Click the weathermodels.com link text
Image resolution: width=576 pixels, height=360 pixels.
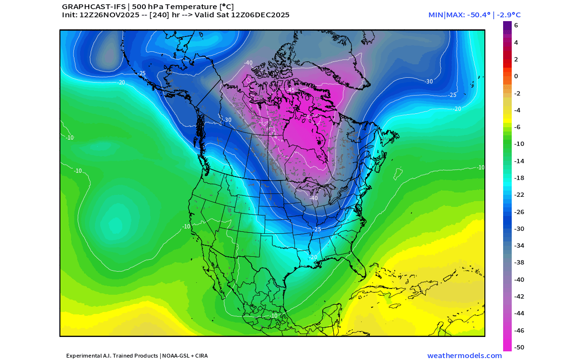[x=464, y=356]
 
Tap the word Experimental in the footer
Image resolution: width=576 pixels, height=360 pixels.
[x=83, y=356]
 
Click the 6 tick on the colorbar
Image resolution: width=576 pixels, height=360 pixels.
[x=516, y=25]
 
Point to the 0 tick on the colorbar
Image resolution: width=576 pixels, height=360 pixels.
[x=516, y=76]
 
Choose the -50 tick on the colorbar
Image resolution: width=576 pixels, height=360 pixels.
[x=519, y=347]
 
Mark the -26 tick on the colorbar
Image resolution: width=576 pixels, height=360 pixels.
[x=519, y=212]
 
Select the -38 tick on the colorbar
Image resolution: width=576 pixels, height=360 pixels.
[x=519, y=263]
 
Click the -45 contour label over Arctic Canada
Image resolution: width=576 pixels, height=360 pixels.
[x=291, y=90]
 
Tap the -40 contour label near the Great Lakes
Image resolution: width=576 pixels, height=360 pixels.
[x=314, y=198]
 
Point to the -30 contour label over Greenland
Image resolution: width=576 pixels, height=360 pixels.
[x=429, y=82]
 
